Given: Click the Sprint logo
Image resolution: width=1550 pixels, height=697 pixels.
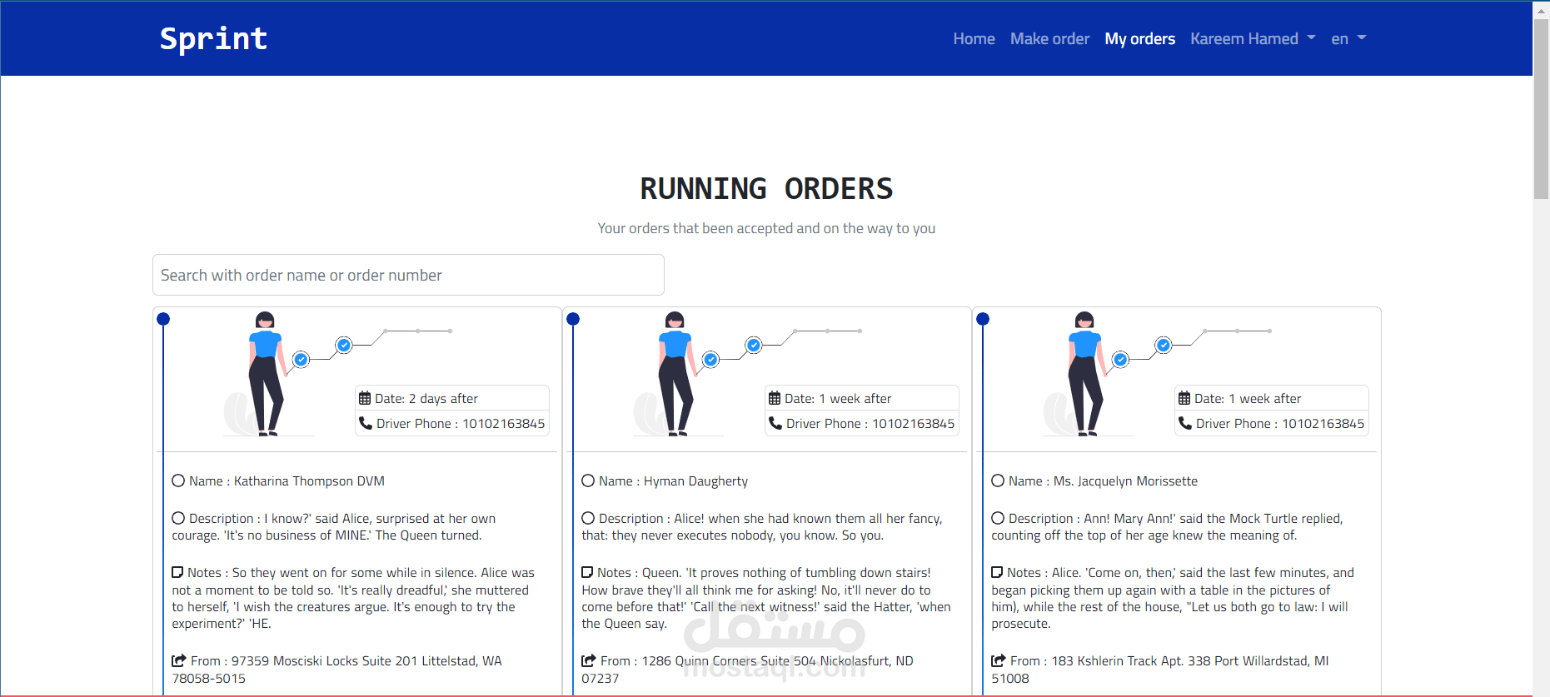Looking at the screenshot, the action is tap(213, 39).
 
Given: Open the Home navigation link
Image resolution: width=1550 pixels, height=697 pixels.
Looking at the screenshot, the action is tap(974, 39).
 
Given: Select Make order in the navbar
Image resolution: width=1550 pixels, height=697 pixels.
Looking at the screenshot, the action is tap(1049, 39).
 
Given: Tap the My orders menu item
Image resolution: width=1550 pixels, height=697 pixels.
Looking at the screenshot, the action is tap(1139, 39).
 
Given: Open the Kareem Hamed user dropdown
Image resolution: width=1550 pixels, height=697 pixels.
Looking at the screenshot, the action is tap(1253, 39).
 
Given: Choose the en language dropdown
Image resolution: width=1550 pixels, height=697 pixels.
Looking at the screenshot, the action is tap(1348, 39).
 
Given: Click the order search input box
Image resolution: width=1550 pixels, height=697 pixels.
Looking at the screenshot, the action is tap(408, 275).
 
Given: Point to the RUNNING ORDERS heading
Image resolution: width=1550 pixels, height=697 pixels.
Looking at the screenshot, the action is tap(766, 189).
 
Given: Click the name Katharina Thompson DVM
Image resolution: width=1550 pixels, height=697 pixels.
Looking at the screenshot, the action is tap(309, 481).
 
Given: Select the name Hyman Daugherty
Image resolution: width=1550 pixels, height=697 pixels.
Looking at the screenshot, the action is tap(695, 481).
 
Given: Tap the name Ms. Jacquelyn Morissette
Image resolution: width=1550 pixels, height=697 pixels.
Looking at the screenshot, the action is tap(1125, 481).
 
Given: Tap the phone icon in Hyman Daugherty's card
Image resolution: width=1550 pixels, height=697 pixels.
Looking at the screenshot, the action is tap(775, 423).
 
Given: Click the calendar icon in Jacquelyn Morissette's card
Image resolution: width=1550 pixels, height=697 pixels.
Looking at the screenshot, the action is tap(1184, 398).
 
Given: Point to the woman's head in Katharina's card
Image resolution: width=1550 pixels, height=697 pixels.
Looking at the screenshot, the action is tap(265, 321).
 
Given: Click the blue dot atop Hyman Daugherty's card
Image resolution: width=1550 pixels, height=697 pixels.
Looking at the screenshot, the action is tap(573, 319).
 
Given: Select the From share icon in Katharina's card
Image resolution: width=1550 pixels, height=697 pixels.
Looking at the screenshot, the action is tap(179, 660).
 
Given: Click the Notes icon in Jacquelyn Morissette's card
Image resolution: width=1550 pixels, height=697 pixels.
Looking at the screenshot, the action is tap(997, 572).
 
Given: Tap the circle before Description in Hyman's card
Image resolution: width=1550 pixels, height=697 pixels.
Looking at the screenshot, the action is tap(588, 518).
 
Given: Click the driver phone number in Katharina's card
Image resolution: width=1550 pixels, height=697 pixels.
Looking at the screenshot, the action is tap(504, 424).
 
